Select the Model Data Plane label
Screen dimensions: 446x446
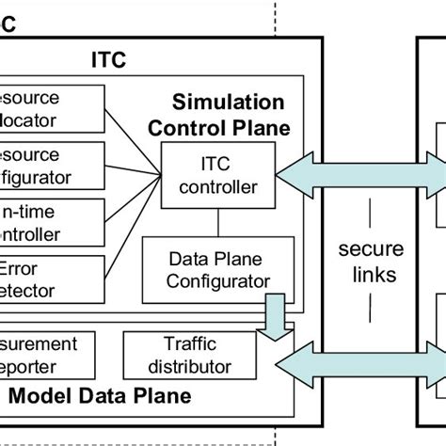click(103, 394)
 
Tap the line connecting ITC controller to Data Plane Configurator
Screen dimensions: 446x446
click(217, 220)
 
